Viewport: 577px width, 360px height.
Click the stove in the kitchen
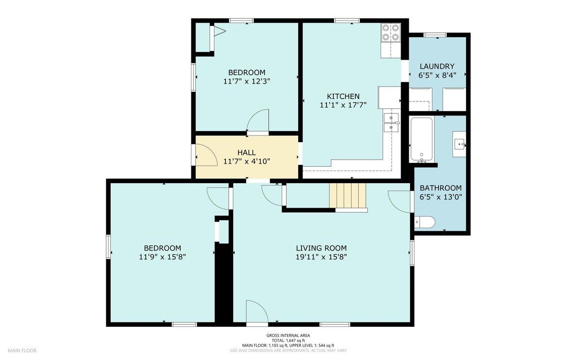pyautogui.click(x=391, y=33)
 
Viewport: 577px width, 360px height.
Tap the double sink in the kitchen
pyautogui.click(x=391, y=123)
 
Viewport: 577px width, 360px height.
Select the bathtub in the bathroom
pyautogui.click(x=421, y=139)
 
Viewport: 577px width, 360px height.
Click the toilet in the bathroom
pyautogui.click(x=425, y=222)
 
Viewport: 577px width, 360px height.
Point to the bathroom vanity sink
pyautogui.click(x=459, y=144)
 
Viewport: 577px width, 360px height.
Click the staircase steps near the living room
pyautogui.click(x=348, y=195)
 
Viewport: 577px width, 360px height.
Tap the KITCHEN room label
pyautogui.click(x=343, y=96)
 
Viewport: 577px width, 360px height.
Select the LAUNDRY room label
pyautogui.click(x=437, y=66)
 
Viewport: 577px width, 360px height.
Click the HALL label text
pyautogui.click(x=247, y=152)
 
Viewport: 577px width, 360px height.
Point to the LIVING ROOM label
pyautogui.click(x=321, y=248)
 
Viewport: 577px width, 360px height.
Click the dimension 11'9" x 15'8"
pyautogui.click(x=163, y=257)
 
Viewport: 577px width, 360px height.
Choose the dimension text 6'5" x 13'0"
pyautogui.click(x=441, y=197)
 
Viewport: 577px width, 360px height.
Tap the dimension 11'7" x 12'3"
pyautogui.click(x=247, y=81)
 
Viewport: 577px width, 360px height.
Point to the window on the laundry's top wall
pyautogui.click(x=435, y=35)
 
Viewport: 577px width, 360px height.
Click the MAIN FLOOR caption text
pyautogui.click(x=22, y=350)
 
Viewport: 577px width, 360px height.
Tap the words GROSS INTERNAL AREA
pyautogui.click(x=288, y=335)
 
